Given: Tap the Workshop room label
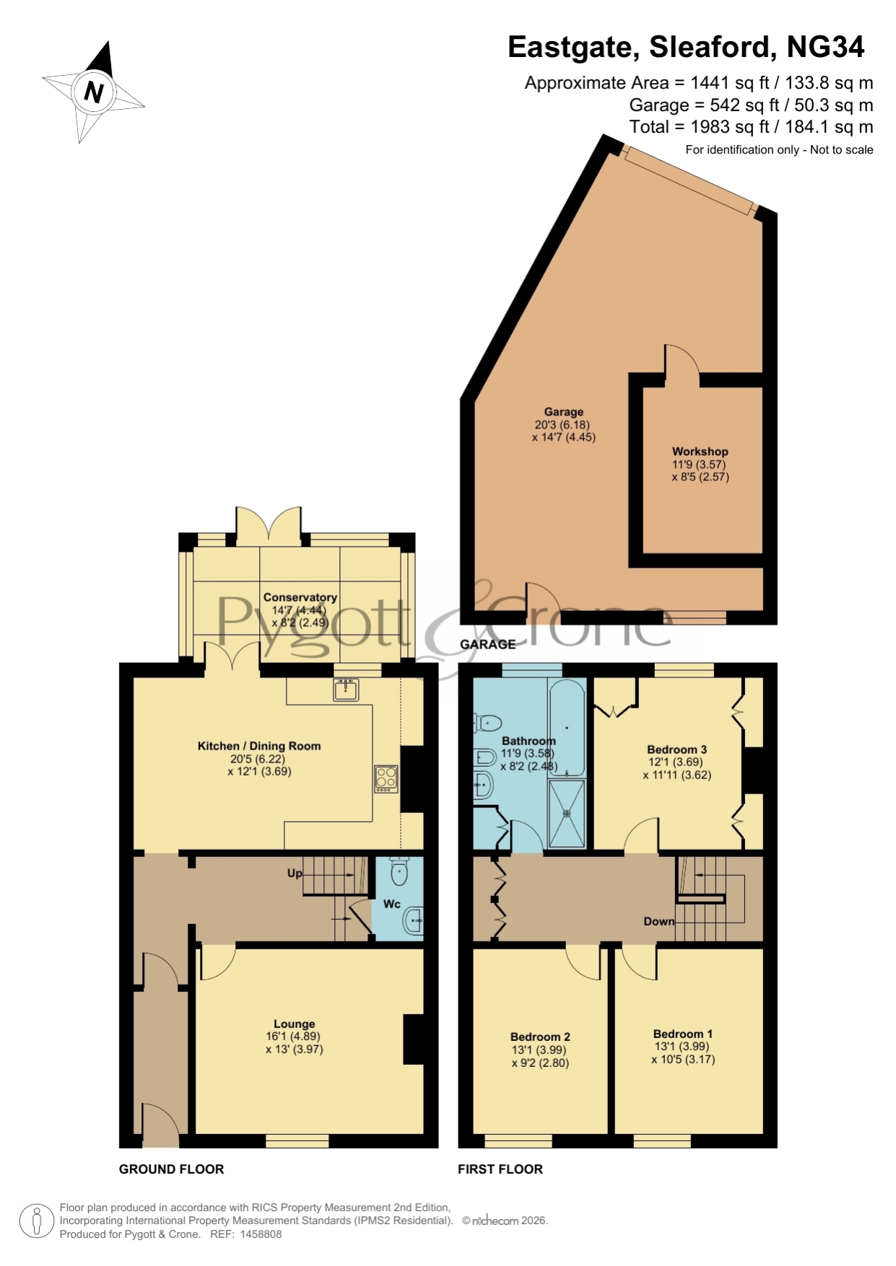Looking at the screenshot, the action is click(x=700, y=452).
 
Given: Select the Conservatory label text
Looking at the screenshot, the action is click(x=300, y=597).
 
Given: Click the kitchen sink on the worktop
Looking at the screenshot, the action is click(x=347, y=689).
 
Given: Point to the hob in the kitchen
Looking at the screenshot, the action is click(x=386, y=779).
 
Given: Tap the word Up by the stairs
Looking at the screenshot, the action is click(x=295, y=874).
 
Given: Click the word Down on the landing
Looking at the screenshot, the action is click(x=658, y=921).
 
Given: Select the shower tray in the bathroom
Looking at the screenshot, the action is click(x=567, y=814).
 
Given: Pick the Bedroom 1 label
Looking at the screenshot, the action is click(x=682, y=1034).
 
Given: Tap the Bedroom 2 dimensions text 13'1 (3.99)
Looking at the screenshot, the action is click(x=539, y=1050).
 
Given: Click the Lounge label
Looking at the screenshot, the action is click(x=295, y=1024).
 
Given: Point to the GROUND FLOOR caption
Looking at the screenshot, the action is click(x=172, y=1169).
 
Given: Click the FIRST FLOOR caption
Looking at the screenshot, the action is click(x=500, y=1169).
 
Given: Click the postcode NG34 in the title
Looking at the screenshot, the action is click(x=825, y=47).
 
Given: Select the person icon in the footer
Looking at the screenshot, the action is click(x=36, y=1221).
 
